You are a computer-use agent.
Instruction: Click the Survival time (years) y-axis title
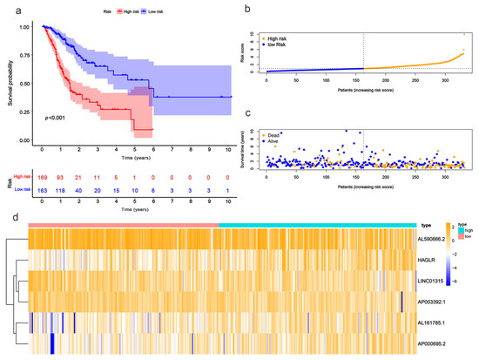tap(253, 149)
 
